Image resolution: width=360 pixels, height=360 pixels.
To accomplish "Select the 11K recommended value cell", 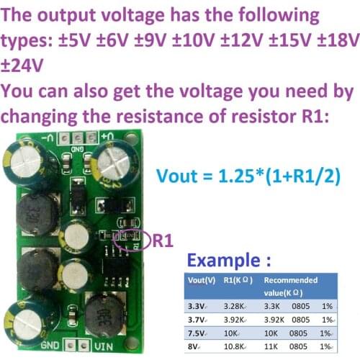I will (x=270, y=347).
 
